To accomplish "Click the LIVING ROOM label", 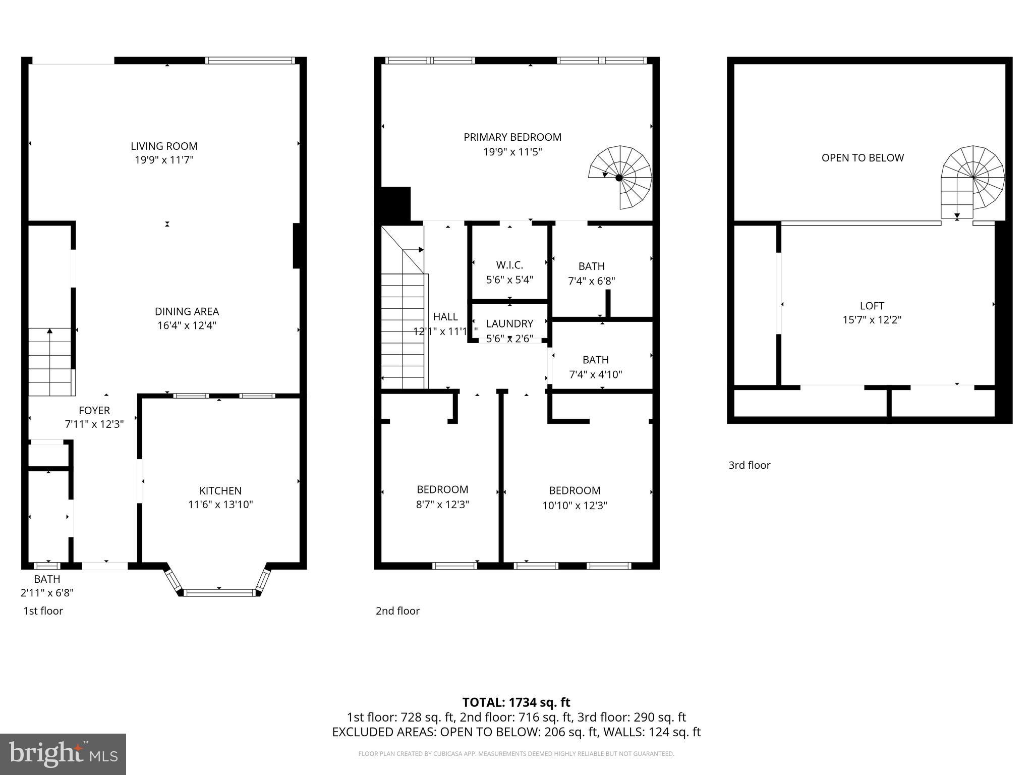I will coord(164,146).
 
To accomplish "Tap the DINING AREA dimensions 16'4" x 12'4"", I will coord(187,325).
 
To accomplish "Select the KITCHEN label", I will coord(220,490).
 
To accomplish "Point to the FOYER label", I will coord(94,410).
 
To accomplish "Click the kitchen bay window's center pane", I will coord(219,592).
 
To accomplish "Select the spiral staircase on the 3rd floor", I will coord(972,178).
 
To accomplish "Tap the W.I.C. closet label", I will coord(509,265).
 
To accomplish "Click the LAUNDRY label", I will coord(509,323).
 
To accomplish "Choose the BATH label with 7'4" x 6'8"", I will coord(591,266).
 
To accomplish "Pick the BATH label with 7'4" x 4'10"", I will coord(595,360).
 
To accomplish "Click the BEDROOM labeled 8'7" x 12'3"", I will coord(442,489).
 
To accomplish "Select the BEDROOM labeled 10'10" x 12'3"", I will coord(575,490).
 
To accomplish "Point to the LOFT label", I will coord(872,306).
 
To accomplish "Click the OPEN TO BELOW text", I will coord(863,158).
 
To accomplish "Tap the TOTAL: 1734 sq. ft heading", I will coord(516,702).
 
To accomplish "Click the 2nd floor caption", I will coord(397,611).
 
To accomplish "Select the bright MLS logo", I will coord(63,754).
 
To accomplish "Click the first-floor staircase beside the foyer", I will coord(49,361).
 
